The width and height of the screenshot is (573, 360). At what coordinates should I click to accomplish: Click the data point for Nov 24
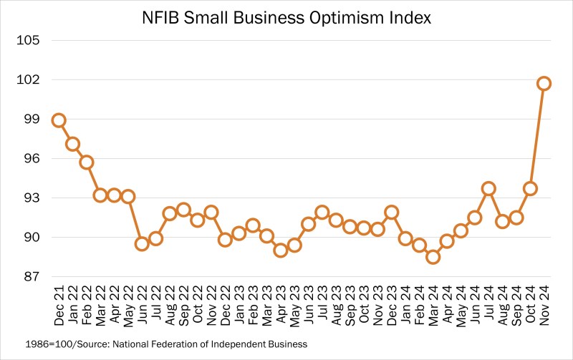point(544,84)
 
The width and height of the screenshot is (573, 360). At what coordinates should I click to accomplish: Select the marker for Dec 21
point(59,120)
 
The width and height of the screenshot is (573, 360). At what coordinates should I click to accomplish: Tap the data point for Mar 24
point(433,257)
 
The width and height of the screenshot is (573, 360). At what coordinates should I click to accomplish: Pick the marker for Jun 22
point(142,243)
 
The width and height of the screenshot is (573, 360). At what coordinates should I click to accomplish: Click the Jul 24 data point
point(488,189)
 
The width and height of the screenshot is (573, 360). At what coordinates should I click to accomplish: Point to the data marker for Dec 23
point(391,212)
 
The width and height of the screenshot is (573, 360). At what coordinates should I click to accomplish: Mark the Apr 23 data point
point(280,250)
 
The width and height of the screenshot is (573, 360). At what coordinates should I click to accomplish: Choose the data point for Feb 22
point(87,162)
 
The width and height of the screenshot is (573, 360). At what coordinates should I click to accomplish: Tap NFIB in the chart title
point(163,17)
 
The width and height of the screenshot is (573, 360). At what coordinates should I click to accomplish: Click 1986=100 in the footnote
point(35,344)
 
